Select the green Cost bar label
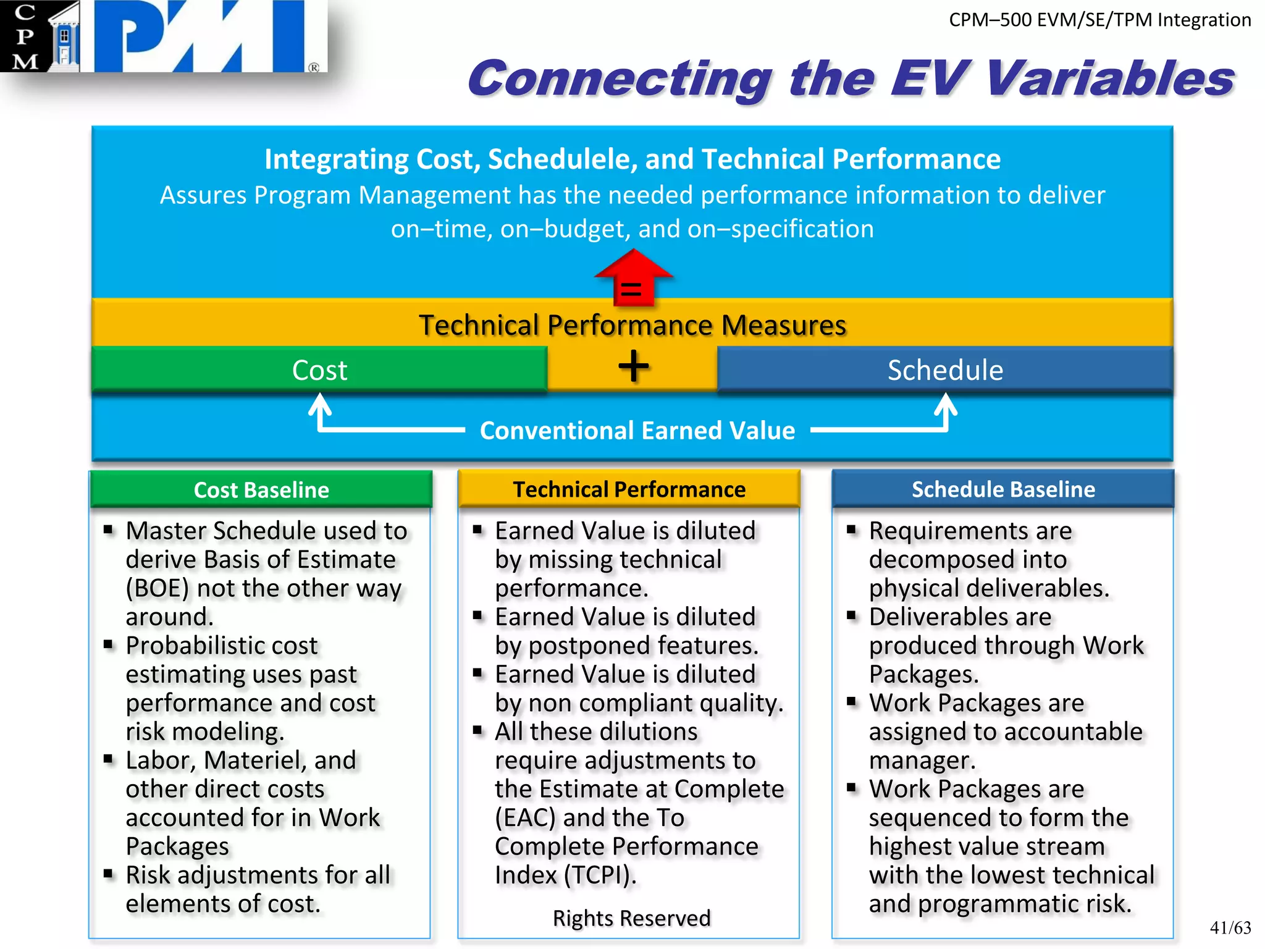[319, 370]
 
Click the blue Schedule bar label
[944, 370]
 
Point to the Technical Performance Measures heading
[632, 325]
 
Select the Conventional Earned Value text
[637, 431]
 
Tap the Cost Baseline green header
[261, 490]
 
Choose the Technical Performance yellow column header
[629, 489]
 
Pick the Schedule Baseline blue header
[1003, 489]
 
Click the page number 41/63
[1230, 927]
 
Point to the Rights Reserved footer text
[631, 918]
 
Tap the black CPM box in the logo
[25, 36]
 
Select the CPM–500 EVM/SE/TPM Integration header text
[1099, 20]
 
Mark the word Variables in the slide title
[1109, 79]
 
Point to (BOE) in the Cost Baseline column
[157, 588]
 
